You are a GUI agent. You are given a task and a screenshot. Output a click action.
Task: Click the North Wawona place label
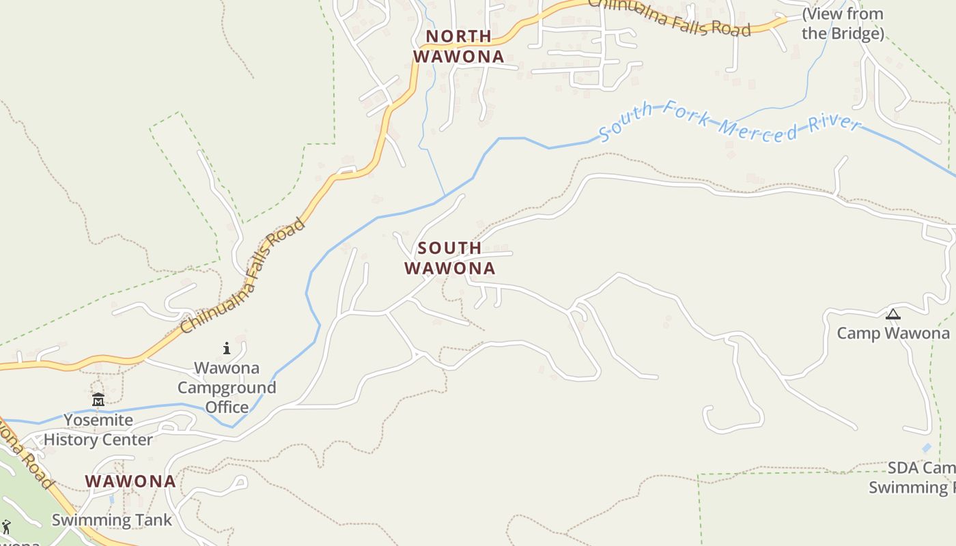click(459, 46)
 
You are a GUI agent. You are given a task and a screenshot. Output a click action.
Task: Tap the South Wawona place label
click(449, 258)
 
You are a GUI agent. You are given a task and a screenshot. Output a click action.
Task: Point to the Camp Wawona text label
click(893, 333)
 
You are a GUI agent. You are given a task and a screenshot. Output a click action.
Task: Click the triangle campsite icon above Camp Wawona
click(892, 315)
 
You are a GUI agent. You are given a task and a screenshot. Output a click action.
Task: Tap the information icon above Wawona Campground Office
click(227, 349)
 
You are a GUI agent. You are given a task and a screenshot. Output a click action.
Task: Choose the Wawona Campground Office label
click(227, 388)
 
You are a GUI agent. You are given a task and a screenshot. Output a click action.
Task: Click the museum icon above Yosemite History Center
click(98, 399)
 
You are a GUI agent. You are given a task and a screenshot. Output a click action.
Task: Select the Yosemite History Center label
click(98, 430)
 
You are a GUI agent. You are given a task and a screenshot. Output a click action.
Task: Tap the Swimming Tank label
click(112, 520)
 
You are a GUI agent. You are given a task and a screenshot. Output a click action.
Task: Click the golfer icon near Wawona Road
click(6, 527)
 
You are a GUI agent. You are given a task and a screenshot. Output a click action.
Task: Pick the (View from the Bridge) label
click(843, 24)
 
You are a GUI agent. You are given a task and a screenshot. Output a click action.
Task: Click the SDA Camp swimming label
click(915, 478)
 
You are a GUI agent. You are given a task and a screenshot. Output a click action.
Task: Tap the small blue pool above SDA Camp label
click(926, 448)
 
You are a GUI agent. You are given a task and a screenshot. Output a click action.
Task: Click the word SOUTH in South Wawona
click(449, 248)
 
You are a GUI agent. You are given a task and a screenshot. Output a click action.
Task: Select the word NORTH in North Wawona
click(459, 35)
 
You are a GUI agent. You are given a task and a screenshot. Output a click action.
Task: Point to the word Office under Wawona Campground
click(227, 407)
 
